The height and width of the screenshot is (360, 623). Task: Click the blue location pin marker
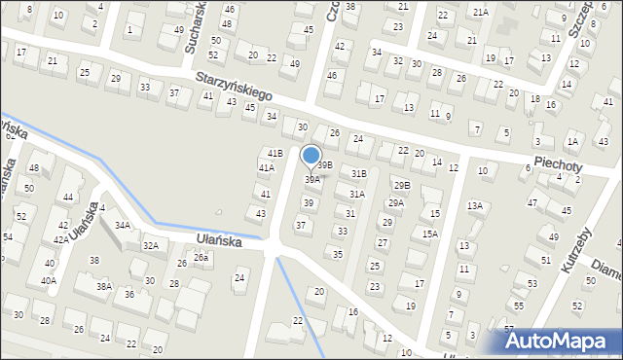tap(311, 157)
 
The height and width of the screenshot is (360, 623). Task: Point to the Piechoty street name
tap(557, 166)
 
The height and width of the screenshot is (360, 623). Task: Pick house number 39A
tap(311, 179)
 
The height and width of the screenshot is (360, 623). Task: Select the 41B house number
tap(275, 153)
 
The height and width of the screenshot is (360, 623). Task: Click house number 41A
tap(266, 168)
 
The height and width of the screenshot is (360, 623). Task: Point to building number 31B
tap(358, 174)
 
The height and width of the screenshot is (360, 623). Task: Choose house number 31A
tap(356, 195)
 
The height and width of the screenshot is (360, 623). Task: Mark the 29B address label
tap(401, 185)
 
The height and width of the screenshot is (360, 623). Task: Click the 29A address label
tap(396, 203)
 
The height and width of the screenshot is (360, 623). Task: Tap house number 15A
tap(429, 234)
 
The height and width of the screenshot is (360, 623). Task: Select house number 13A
tap(474, 205)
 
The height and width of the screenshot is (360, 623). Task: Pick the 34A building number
tap(122, 225)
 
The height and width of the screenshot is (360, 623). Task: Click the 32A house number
tap(151, 246)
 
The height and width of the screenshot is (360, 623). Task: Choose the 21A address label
tap(480, 12)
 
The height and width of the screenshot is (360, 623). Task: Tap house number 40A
tap(49, 280)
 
